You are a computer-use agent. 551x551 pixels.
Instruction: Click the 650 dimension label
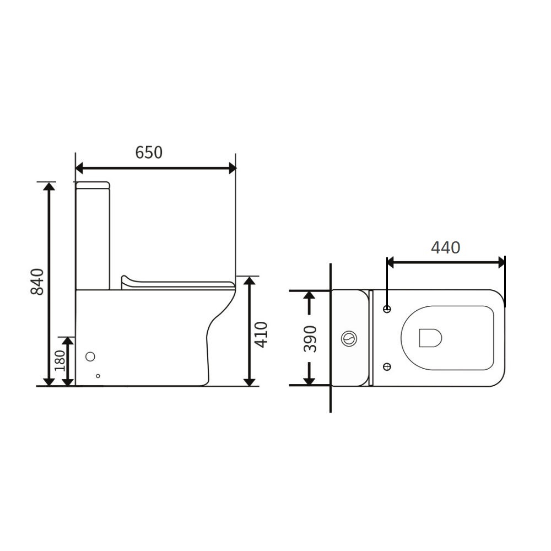click(149, 153)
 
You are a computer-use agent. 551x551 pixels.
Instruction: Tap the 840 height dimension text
click(37, 282)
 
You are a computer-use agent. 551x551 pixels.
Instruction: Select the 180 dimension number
click(60, 360)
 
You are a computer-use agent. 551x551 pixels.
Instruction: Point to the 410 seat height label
click(261, 334)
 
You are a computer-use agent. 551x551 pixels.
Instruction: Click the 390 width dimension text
click(310, 339)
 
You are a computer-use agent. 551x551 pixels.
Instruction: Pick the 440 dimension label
click(446, 248)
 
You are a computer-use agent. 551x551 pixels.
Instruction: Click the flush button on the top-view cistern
click(349, 339)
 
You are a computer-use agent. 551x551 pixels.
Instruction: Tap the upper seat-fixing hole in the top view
click(387, 309)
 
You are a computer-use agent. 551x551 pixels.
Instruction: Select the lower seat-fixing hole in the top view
click(387, 367)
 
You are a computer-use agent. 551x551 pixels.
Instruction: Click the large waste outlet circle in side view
click(90, 356)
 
